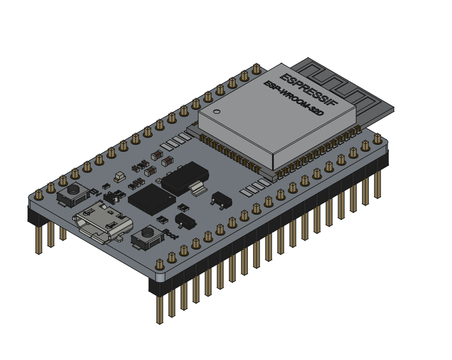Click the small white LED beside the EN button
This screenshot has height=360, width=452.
click(119, 177)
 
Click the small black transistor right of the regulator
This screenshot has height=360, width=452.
click(219, 197)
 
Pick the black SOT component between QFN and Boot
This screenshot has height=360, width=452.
click(183, 219)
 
